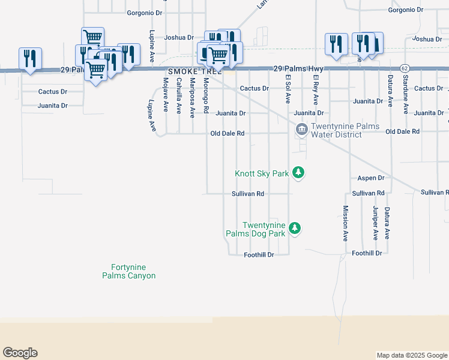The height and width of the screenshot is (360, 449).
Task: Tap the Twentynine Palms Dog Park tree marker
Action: (x=294, y=228)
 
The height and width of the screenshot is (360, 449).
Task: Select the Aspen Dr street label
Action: (x=370, y=178)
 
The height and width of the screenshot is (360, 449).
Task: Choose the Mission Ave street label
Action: (x=345, y=223)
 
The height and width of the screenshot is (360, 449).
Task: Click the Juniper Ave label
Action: (x=375, y=223)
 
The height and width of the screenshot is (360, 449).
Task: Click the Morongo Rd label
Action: (x=205, y=96)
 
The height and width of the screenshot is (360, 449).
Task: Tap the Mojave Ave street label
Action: (x=165, y=95)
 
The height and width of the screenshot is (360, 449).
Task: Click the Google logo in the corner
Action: (x=20, y=353)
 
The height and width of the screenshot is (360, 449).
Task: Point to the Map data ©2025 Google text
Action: (x=411, y=355)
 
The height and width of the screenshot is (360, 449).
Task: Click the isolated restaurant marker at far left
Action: (x=30, y=59)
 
